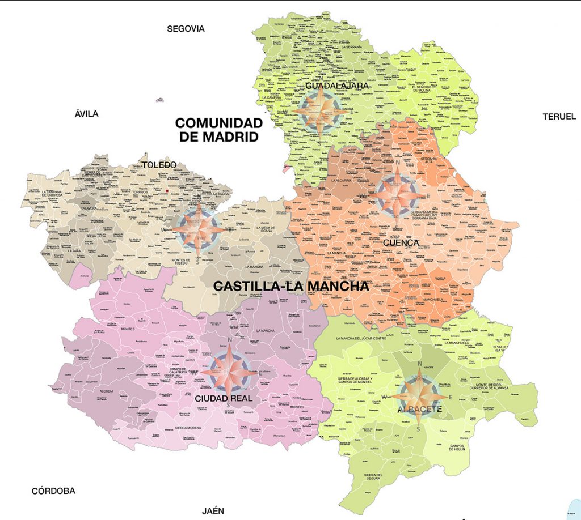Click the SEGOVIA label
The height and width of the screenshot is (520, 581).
tap(186, 29)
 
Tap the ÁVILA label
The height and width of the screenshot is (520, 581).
tap(86, 114)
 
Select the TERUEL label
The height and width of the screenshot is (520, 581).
tap(559, 116)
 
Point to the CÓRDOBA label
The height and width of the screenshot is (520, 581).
tap(53, 491)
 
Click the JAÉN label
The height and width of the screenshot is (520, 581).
tap(213, 510)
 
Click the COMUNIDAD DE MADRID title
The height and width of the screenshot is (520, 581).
tap(219, 130)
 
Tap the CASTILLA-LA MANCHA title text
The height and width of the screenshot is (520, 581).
tap(290, 287)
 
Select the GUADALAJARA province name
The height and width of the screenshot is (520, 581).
tap(337, 86)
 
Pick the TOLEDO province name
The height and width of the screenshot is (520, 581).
tap(159, 165)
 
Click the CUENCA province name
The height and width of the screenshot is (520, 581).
tap(400, 242)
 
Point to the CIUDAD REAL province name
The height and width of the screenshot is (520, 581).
tap(224, 398)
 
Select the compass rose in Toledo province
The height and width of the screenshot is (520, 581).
tap(196, 228)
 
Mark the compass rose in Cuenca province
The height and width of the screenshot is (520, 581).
tap(398, 195)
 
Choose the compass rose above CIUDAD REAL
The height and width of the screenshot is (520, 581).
tap(229, 369)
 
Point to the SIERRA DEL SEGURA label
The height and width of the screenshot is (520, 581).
tap(373, 477)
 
